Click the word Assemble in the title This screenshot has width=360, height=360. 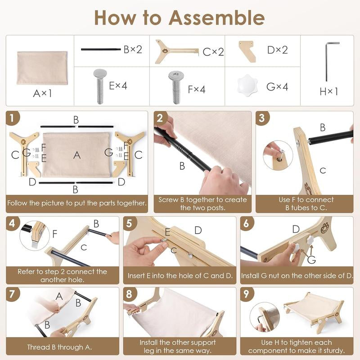pyautogui.click(x=217, y=18)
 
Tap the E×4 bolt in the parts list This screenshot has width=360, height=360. pyautogui.click(x=100, y=86)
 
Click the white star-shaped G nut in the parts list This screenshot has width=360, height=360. pyautogui.click(x=247, y=85)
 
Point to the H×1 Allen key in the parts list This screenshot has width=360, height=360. pyautogui.click(x=327, y=61)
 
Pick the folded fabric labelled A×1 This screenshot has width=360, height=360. pyautogui.click(x=42, y=68)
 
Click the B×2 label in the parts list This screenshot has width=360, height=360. pyautogui.click(x=133, y=49)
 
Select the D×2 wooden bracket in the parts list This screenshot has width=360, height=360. pyautogui.click(x=247, y=51)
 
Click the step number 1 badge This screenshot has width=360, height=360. pyautogui.click(x=13, y=118)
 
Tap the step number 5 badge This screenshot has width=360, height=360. pyautogui.click(x=130, y=223)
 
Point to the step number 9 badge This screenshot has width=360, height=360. pyautogui.click(x=247, y=294)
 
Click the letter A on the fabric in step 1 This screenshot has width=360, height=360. pyautogui.click(x=77, y=155)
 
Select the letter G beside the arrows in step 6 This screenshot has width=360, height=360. pyautogui.click(x=311, y=260)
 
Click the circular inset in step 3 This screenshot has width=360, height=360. pyautogui.click(x=278, y=155)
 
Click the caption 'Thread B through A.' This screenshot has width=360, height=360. pyautogui.click(x=59, y=347)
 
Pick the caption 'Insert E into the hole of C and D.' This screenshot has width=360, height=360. pyautogui.click(x=180, y=275)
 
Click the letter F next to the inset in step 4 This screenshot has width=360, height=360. pyautogui.click(x=54, y=234)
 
